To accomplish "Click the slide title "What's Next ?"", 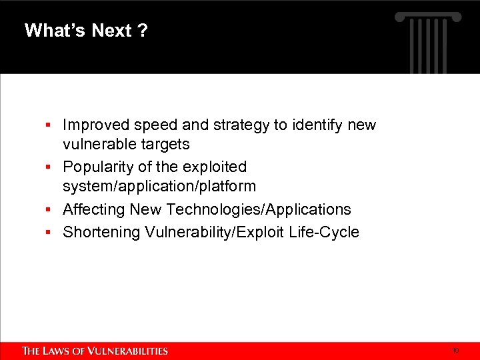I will (x=86, y=31).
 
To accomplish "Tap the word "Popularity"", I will (x=98, y=167).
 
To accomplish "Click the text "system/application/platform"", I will (x=159, y=187).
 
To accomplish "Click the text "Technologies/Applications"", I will (x=259, y=209).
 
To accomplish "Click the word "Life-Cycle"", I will (x=326, y=232).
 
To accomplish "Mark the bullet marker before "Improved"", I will (x=49, y=125).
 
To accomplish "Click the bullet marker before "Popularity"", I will (x=49, y=167).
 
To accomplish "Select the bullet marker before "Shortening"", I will (x=49, y=233).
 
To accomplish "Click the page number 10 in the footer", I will (x=455, y=350).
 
